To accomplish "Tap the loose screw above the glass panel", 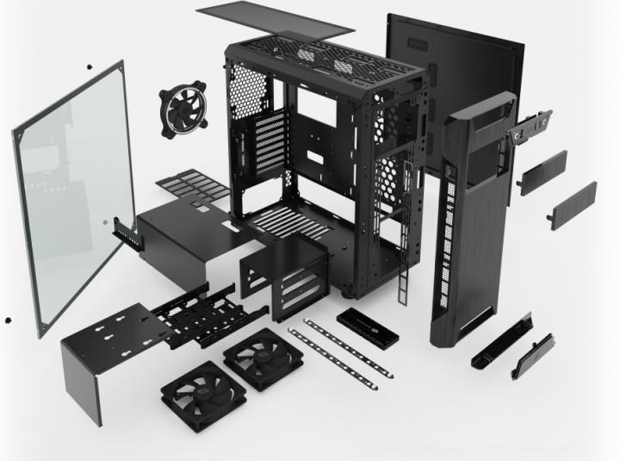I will tap(88, 65).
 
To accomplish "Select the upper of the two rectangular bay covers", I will tap(542, 172).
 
